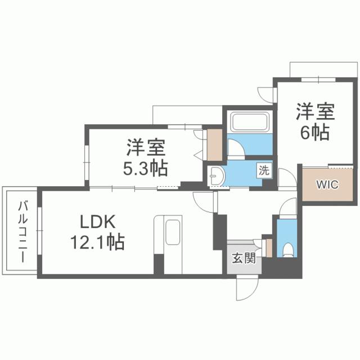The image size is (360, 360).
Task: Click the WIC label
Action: (327, 184)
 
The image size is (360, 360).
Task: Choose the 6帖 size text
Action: (315, 134)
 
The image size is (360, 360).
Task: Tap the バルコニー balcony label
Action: (21, 231)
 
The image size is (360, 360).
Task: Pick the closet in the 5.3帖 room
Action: (214, 145)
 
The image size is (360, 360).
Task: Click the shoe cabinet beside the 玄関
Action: (268, 247)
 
